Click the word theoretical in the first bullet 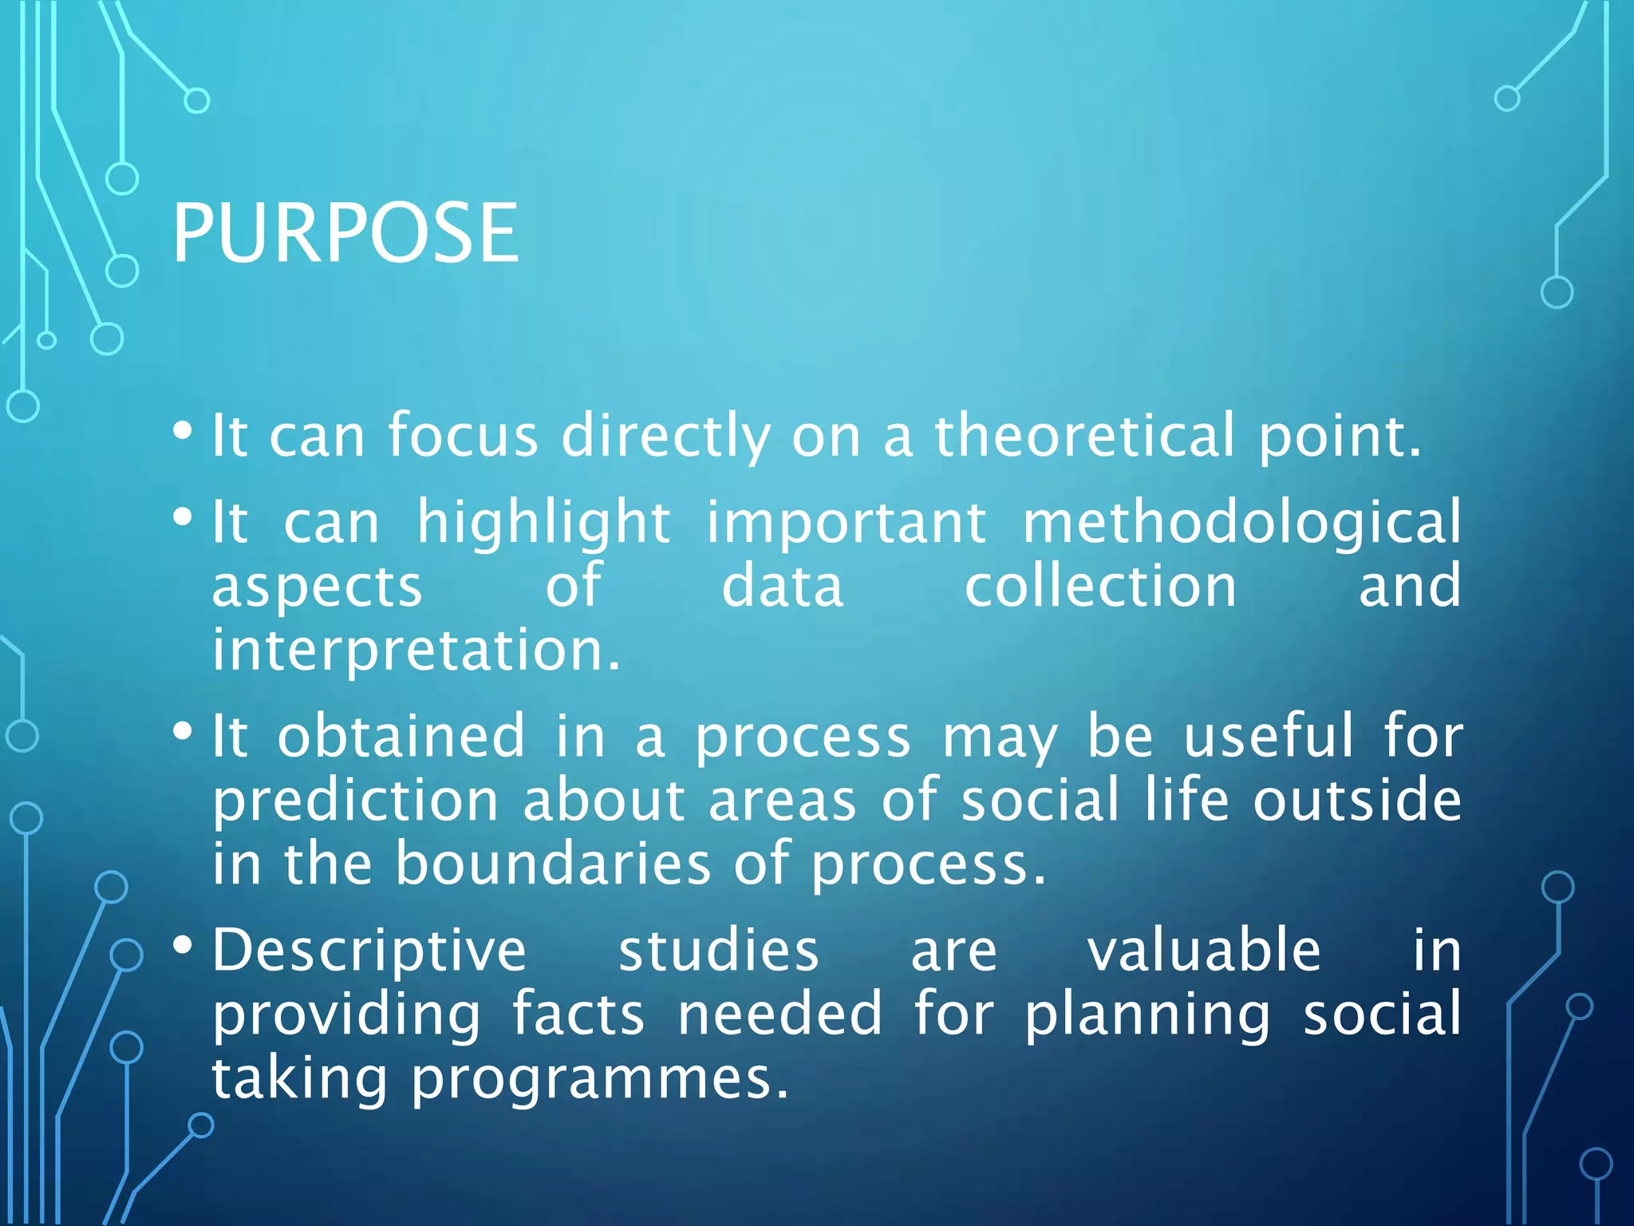[1084, 437]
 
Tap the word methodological [1241, 523]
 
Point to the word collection [1100, 587]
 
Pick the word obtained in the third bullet [401, 737]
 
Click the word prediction [356, 801]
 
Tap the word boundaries [553, 864]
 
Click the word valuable [1204, 951]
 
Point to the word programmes [599, 1080]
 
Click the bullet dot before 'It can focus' [183, 431]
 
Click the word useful [1268, 737]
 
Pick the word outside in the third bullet [1356, 801]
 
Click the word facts [578, 1015]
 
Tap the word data [782, 587]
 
